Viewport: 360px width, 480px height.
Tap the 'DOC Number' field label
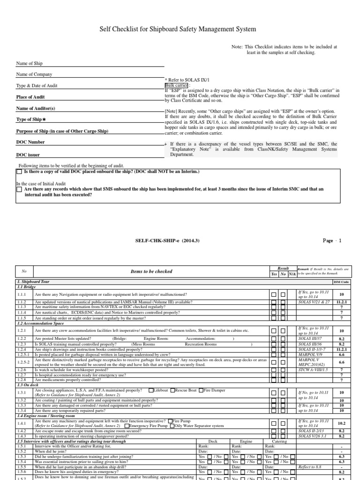[x=31, y=142]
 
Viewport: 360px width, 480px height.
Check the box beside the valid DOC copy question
[x=19, y=172]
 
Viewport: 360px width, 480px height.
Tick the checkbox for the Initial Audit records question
[x=19, y=189]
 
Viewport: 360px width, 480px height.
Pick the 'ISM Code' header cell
[x=341, y=282]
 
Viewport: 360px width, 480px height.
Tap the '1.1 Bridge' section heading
[x=27, y=286]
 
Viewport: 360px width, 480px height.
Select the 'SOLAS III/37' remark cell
[x=310, y=338]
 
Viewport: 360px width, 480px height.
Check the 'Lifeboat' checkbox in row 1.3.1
[x=150, y=390]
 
